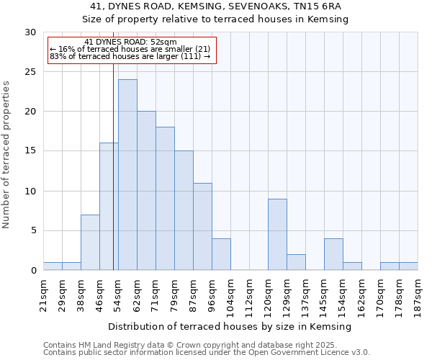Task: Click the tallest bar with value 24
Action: point(127,175)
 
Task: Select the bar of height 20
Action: point(146,191)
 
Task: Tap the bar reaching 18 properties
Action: point(165,199)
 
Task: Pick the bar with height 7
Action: point(90,243)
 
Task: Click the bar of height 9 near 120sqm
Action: point(277,235)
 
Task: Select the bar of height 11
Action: point(202,227)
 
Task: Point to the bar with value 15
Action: point(184,210)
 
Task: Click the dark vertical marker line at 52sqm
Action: point(113,166)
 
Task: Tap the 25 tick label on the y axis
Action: point(30,72)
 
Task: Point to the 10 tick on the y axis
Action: point(30,192)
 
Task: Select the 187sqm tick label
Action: point(418,295)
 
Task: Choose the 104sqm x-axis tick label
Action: point(230,295)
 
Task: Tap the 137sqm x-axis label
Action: point(305,295)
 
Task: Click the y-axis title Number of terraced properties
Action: point(6,154)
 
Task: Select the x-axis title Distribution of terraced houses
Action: point(230,326)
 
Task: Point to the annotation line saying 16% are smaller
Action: point(130,49)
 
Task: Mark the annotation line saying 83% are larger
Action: point(130,56)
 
